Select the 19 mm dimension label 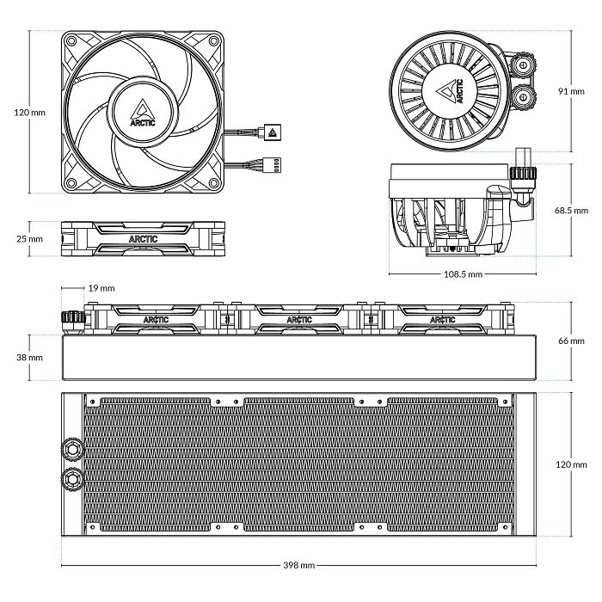(x=101, y=288)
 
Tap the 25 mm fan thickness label (x=29, y=238)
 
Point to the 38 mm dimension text (x=29, y=357)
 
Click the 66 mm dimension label (x=572, y=341)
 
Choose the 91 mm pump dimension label (x=572, y=90)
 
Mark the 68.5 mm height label (x=570, y=210)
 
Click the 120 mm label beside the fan (x=31, y=113)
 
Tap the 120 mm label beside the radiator (x=570, y=464)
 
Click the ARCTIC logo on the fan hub (x=141, y=113)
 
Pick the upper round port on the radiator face (x=71, y=449)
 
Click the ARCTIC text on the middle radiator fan (x=299, y=320)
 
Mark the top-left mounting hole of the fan (x=72, y=40)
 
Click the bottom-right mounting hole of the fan (x=212, y=181)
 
